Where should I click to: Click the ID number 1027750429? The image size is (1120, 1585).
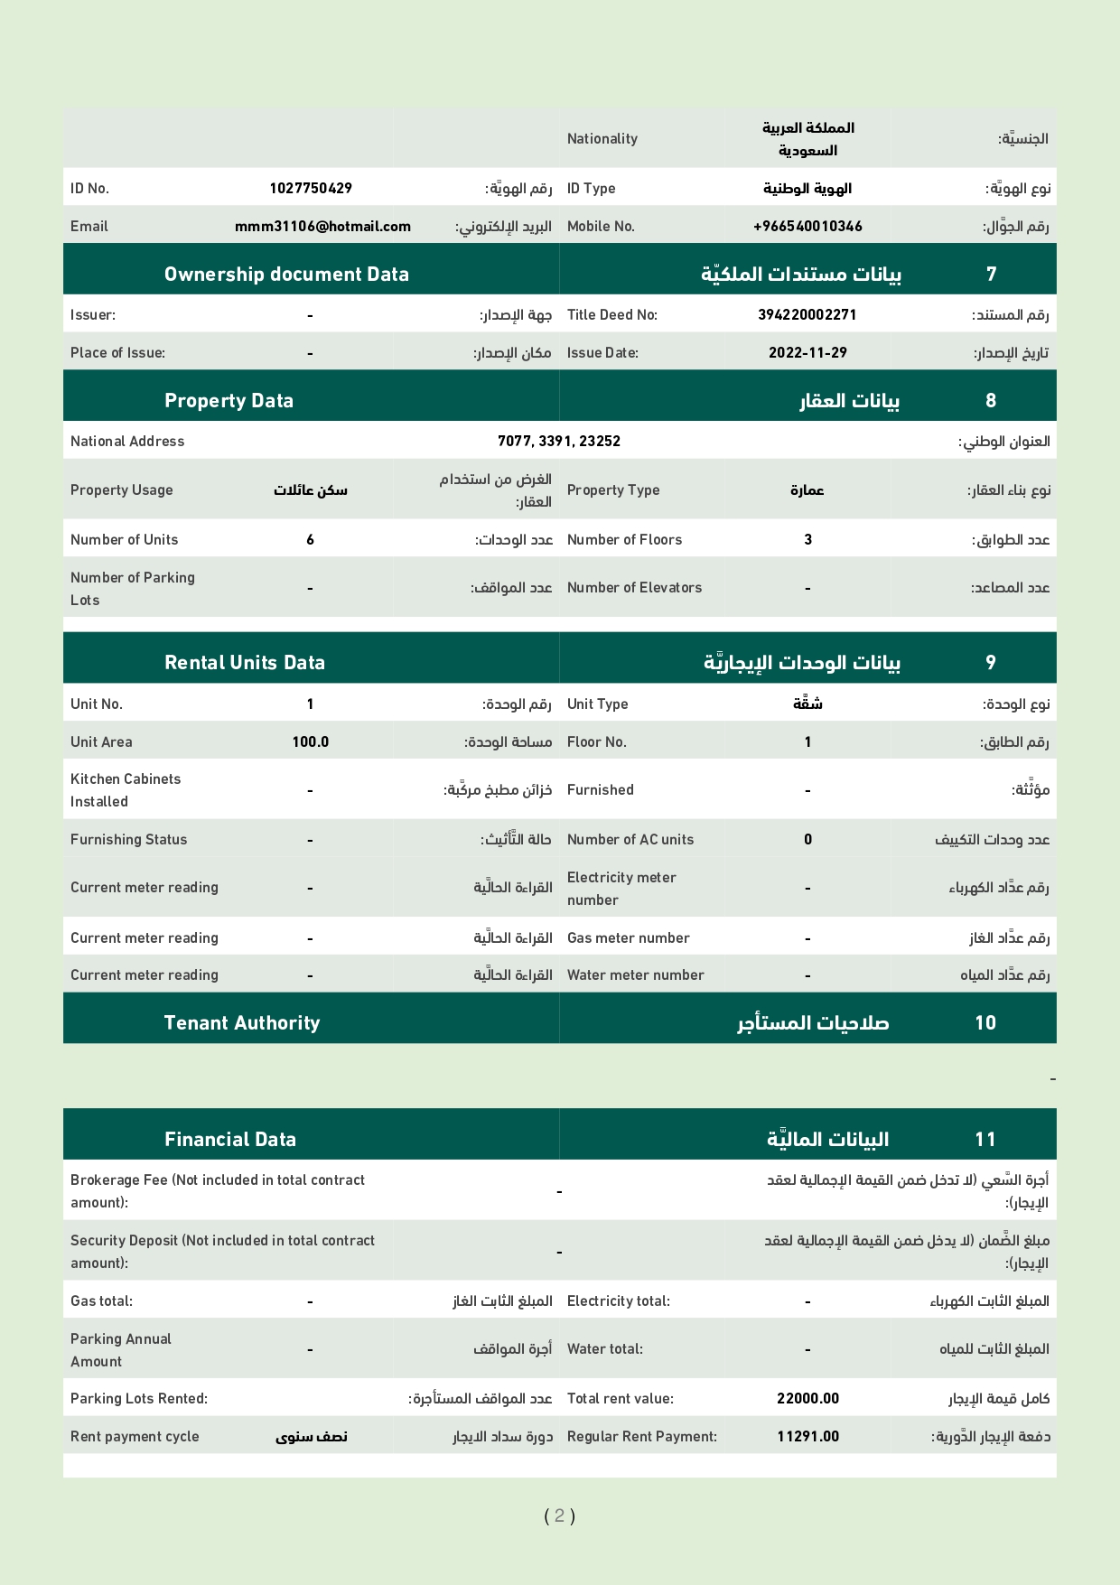(311, 189)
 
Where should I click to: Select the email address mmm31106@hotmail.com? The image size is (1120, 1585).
(322, 227)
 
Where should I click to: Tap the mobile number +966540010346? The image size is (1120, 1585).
(807, 227)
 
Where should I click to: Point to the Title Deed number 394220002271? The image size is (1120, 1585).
(807, 315)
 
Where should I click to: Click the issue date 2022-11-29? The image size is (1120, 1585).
(807, 353)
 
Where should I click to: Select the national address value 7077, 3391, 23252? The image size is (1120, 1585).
(559, 442)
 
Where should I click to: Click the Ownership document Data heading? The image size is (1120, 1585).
(286, 275)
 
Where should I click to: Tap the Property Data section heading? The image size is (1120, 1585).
(229, 401)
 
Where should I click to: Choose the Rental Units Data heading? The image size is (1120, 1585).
(245, 663)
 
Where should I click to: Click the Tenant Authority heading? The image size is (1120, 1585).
(242, 1023)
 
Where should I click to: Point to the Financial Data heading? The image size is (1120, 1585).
(230, 1140)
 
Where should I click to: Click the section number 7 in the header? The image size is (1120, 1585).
(991, 275)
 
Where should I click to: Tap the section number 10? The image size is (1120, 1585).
(985, 1023)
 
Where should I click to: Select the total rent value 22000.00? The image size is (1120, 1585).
(807, 1399)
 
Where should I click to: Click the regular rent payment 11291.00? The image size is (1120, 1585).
(807, 1437)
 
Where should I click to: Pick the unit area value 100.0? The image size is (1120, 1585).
(311, 742)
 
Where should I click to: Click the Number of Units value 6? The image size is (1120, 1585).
(311, 540)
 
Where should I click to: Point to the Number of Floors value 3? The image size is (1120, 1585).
(807, 540)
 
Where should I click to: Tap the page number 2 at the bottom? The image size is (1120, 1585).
(559, 1515)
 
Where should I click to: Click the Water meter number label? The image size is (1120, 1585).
(635, 975)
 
